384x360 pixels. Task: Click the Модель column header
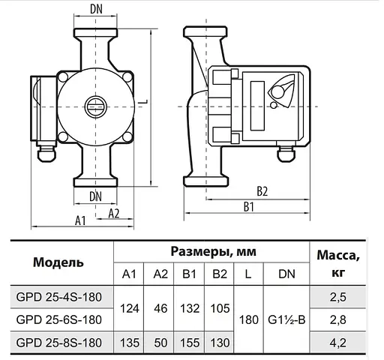point(58,262)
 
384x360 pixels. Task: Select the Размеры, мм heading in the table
point(212,251)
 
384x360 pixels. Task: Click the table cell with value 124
point(130,308)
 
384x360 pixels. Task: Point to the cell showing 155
point(190,342)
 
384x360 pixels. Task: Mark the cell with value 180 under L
point(247,319)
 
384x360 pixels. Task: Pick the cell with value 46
point(160,308)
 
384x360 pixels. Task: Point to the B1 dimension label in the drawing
point(250,206)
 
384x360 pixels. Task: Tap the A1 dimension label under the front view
point(82,219)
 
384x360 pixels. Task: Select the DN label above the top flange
point(95,10)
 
